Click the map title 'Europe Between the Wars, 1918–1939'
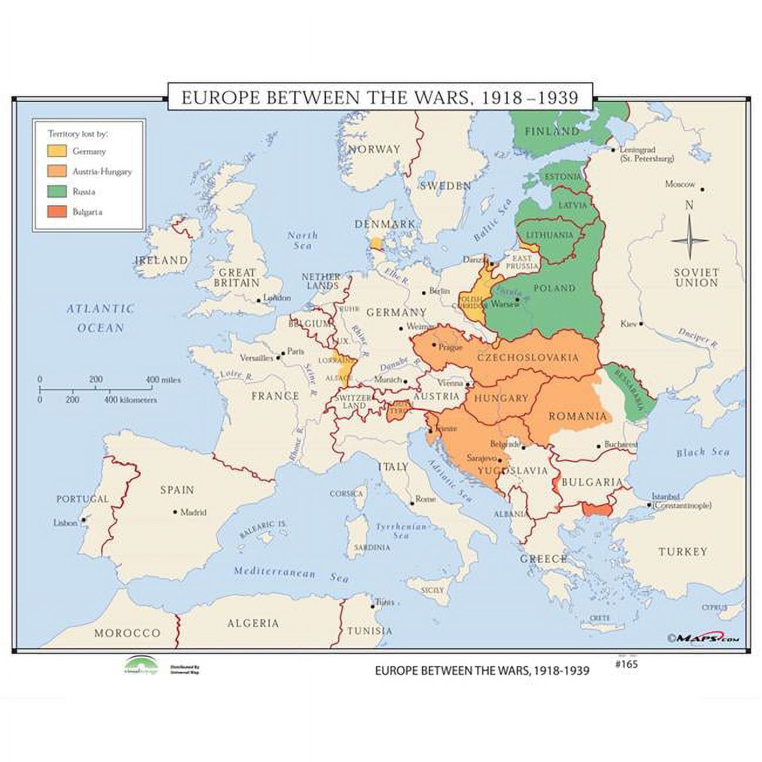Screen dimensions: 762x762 point(380,97)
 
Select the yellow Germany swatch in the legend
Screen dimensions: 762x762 point(57,151)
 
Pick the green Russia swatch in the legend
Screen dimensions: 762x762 point(57,192)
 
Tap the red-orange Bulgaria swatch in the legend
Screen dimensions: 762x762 point(57,212)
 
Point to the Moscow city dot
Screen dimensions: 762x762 point(702,190)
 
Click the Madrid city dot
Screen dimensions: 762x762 point(175,512)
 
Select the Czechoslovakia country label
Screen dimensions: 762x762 point(528,358)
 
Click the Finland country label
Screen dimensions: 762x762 point(552,131)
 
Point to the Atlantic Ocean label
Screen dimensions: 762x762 point(100,318)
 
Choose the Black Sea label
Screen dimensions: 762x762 point(703,453)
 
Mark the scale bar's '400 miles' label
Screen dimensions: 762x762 point(164,380)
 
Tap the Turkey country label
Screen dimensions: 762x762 point(682,552)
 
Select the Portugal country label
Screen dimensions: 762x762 point(83,499)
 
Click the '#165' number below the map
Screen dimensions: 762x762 point(626,664)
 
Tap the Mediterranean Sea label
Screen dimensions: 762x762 point(291,574)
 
